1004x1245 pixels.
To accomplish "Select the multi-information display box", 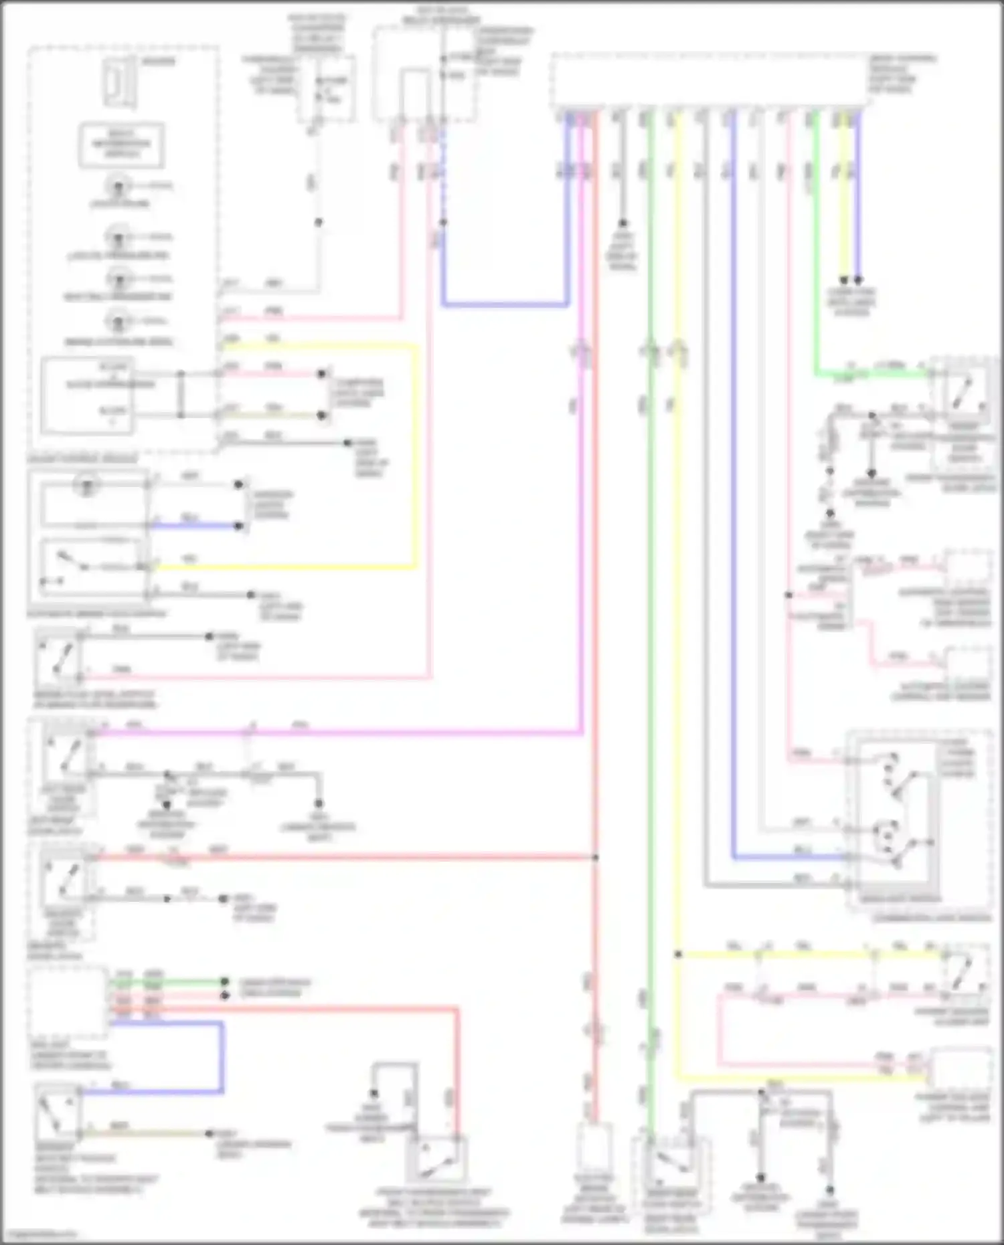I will pos(121,144).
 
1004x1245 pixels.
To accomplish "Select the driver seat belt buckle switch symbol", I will pos(58,1114).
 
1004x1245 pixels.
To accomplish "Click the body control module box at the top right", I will pos(709,82).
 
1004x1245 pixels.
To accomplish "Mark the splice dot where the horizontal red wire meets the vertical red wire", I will pos(595,857).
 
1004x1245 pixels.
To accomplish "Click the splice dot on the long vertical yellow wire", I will pos(678,955).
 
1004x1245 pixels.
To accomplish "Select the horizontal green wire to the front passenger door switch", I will pos(870,373).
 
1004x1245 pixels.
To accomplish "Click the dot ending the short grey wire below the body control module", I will pos(622,223).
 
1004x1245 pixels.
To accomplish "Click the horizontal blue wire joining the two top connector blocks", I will pos(505,304).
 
